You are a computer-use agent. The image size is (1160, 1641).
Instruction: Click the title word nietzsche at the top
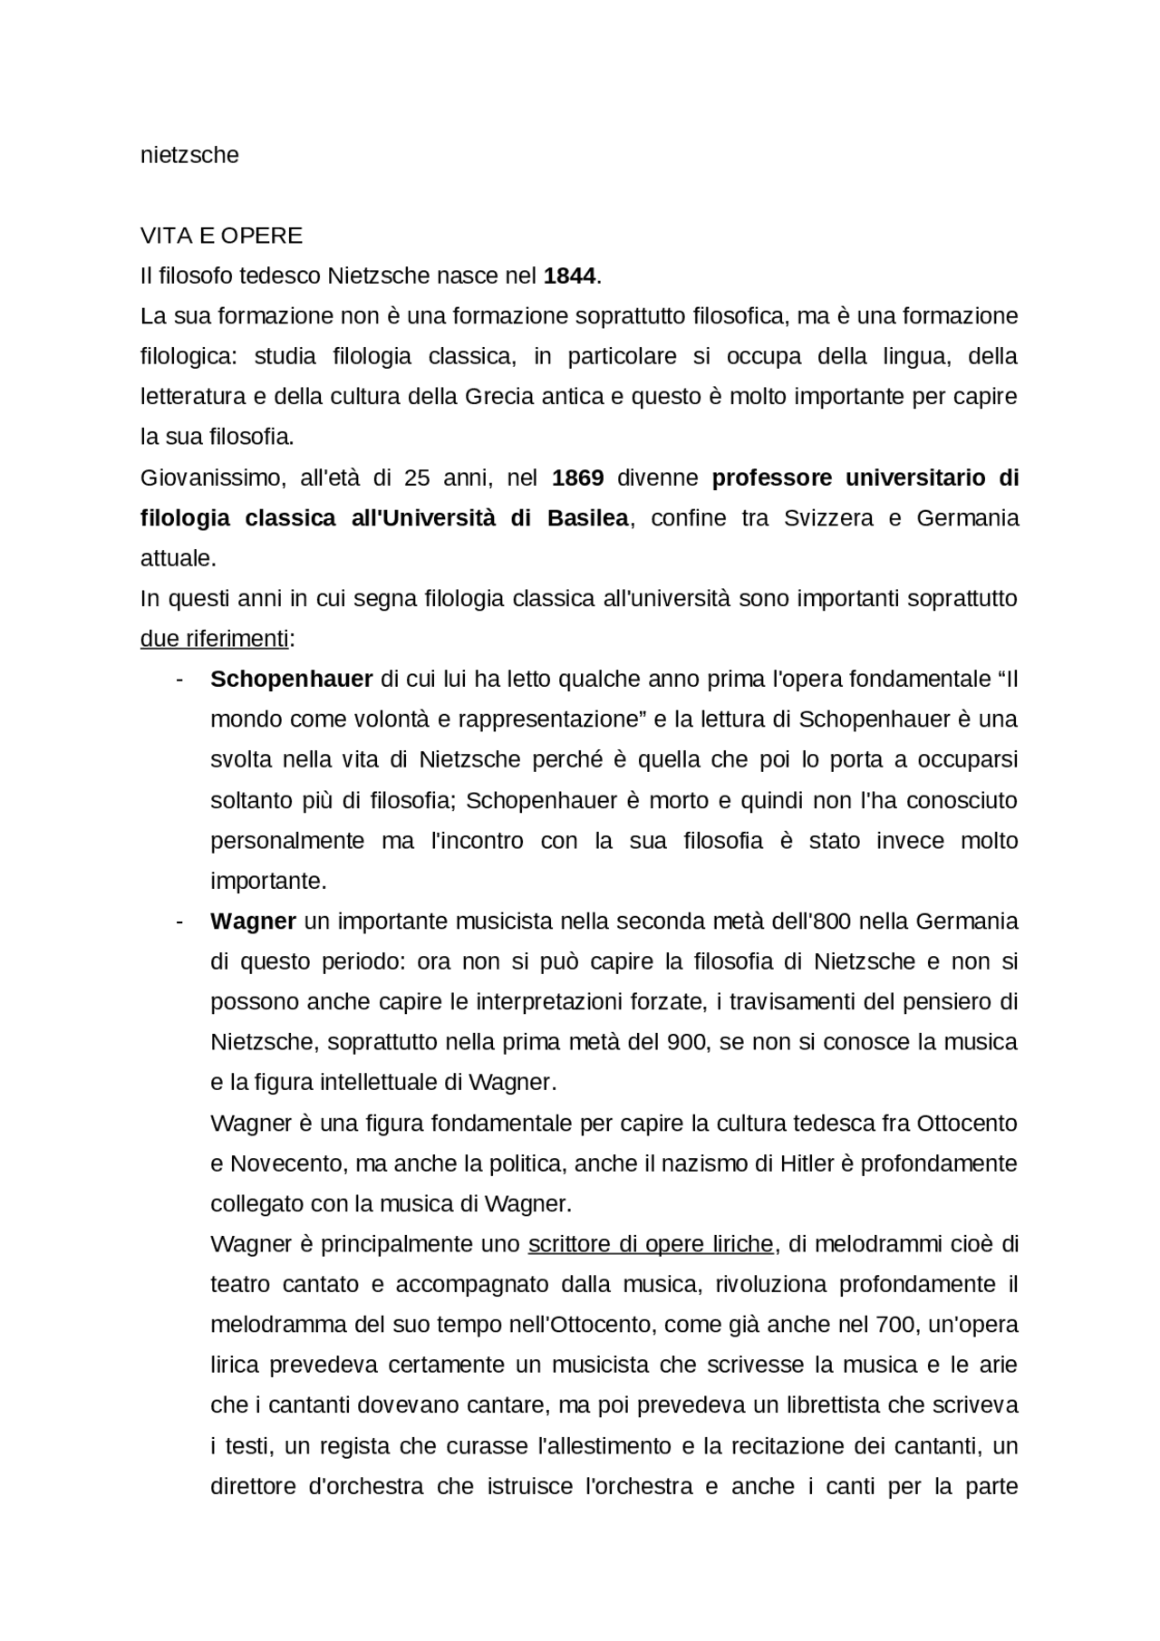coord(189,155)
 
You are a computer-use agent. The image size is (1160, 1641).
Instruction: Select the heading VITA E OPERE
coord(221,236)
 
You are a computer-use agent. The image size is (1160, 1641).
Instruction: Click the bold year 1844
coord(569,275)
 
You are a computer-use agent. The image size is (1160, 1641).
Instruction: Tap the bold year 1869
coord(577,478)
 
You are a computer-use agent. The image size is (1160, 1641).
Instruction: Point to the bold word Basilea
coord(587,518)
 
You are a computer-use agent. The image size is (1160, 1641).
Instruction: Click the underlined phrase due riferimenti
coord(214,639)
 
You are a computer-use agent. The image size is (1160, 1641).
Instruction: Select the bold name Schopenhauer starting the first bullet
coord(291,679)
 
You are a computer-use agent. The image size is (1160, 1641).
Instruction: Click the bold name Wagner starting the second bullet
coord(253,922)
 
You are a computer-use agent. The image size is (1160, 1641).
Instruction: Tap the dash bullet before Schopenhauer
coord(179,679)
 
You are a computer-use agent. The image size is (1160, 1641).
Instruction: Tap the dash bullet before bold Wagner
coord(179,922)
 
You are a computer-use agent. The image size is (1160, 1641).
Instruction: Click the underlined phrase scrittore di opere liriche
coord(650,1244)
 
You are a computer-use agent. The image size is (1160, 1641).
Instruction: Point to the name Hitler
coord(807,1163)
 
